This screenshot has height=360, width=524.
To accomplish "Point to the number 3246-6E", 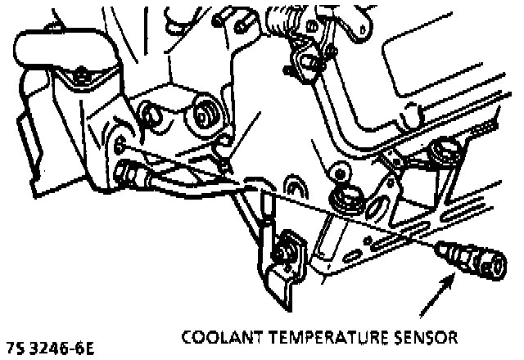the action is (63, 348).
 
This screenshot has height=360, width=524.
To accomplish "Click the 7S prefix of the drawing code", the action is (17, 348).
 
